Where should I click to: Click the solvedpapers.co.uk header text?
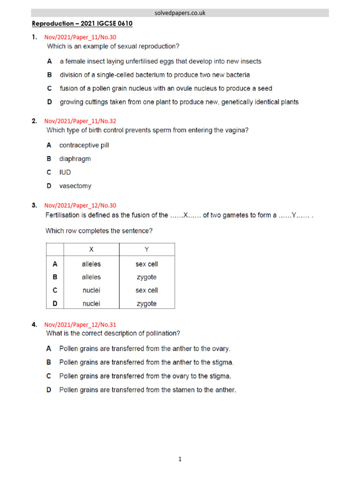pos(180,13)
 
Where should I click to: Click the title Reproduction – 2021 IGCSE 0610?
pos(82,23)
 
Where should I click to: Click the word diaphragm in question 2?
pos(75,159)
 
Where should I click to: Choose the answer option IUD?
pos(65,172)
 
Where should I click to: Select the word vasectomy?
pos(75,186)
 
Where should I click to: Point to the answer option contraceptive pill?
pos(84,145)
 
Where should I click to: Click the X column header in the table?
pos(91,249)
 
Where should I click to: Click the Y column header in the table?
pos(147,249)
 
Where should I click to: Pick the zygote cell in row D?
pos(147,304)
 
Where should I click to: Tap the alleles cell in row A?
pos(91,264)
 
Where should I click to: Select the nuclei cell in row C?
pos(91,291)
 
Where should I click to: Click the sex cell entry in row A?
pos(147,264)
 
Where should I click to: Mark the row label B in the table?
pos(55,277)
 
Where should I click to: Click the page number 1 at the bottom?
pos(180,459)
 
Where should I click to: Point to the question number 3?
pos(34,205)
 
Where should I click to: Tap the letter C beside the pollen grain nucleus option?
pos(49,88)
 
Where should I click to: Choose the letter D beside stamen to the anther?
pos(49,390)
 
